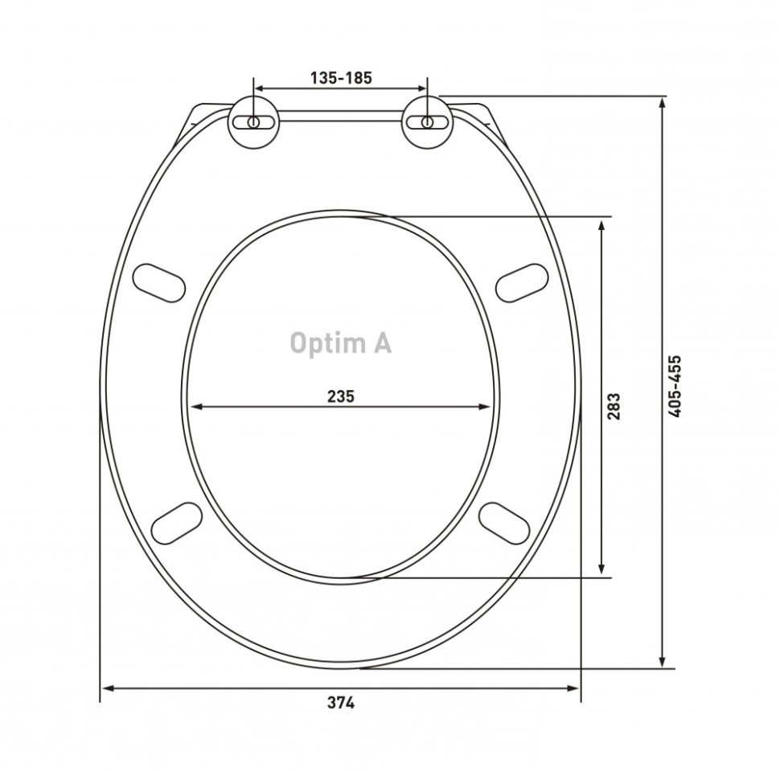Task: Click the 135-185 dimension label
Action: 341,78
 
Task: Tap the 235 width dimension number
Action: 341,396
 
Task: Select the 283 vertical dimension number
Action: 614,406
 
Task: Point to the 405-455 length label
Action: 674,386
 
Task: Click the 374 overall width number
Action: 341,703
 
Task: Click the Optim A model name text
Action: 341,343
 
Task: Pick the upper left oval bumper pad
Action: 159,282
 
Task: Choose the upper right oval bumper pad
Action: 522,282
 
